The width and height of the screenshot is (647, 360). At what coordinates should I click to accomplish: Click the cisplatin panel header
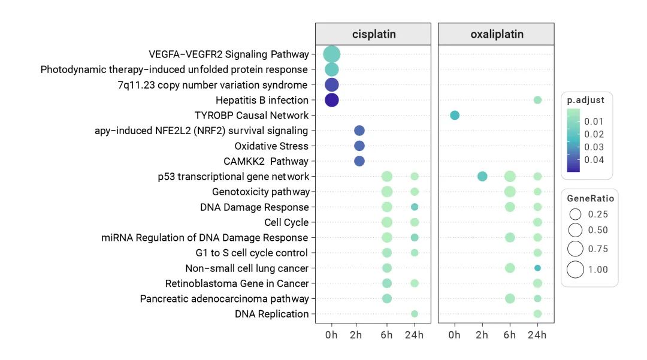point(373,34)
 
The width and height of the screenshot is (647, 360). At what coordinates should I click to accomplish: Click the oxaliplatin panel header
point(497,34)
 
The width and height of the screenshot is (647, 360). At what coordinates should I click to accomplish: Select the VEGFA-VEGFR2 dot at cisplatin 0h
point(332,55)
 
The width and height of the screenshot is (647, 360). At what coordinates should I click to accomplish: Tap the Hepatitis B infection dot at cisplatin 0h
point(332,100)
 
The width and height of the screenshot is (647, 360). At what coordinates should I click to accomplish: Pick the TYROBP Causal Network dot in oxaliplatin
point(455,115)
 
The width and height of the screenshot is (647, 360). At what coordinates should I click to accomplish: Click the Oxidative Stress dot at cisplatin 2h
point(359,146)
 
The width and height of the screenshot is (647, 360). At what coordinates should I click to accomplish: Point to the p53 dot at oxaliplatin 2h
point(482,176)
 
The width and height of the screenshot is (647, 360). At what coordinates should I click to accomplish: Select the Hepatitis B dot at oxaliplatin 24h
point(537,100)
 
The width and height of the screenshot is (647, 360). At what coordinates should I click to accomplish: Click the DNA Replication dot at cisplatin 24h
point(415,314)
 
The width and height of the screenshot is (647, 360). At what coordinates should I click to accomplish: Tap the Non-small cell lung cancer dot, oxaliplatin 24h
point(537,268)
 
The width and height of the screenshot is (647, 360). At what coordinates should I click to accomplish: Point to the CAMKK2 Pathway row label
point(266,161)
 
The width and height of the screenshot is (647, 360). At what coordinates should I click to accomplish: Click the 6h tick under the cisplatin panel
point(387,335)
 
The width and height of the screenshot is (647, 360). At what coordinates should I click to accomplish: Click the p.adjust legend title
point(586,101)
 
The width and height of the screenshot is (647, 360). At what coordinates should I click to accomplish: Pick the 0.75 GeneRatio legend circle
point(576,249)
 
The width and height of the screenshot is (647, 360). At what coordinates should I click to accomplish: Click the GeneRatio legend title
point(590,199)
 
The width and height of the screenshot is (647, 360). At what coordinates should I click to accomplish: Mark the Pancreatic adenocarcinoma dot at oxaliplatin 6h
point(510,298)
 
